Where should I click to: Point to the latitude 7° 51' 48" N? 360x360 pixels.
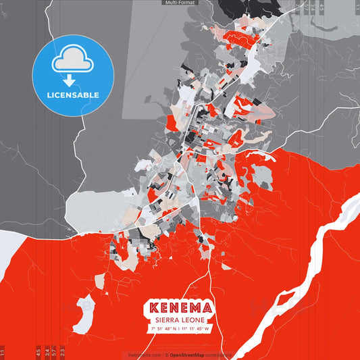click(x=162, y=329)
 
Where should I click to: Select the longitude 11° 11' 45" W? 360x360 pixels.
click(x=197, y=329)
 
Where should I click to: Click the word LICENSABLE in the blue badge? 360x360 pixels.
click(x=73, y=95)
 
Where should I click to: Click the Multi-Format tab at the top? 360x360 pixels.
click(x=180, y=3)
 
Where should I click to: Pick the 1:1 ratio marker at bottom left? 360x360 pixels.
click(x=3, y=353)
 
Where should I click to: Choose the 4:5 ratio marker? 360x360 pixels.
click(x=38, y=352)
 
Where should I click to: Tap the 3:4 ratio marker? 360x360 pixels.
click(x=47, y=352)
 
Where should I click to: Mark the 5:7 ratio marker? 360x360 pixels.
click(x=55, y=352)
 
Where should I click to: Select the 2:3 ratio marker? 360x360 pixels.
click(x=63, y=352)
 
